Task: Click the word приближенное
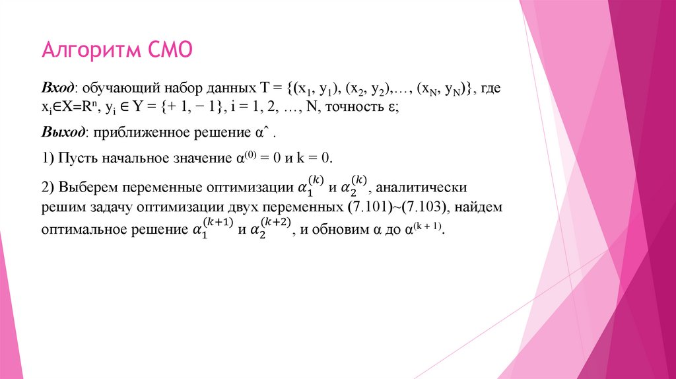pos(135,133)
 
